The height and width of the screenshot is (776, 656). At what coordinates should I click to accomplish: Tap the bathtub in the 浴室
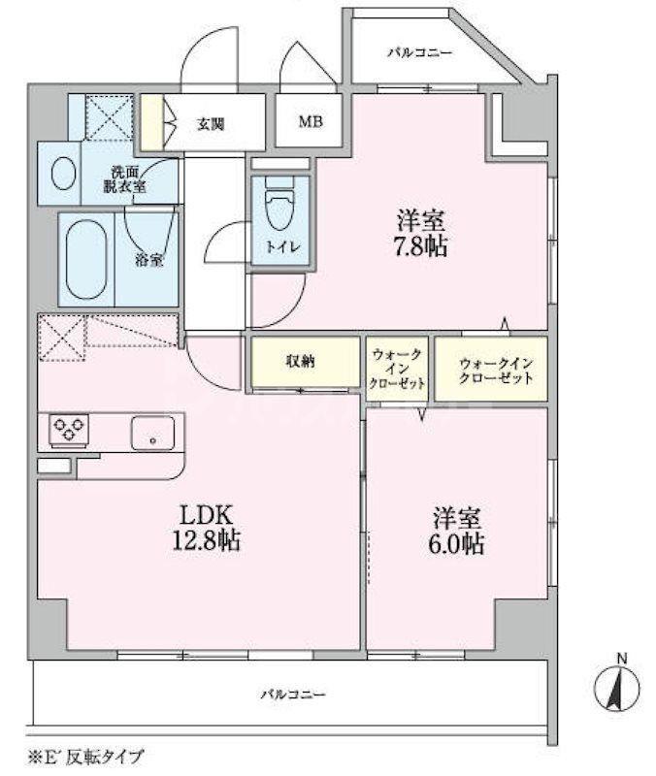[86, 259]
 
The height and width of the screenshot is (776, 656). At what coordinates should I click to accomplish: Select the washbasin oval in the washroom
[64, 174]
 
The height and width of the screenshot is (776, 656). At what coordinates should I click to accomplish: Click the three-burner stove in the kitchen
[69, 429]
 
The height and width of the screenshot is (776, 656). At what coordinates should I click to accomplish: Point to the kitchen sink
[152, 433]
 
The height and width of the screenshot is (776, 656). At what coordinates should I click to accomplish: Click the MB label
[311, 121]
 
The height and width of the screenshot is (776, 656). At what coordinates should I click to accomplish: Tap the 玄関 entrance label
[211, 124]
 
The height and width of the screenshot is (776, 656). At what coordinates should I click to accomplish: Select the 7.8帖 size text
[420, 246]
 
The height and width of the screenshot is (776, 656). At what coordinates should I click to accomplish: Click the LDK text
[206, 515]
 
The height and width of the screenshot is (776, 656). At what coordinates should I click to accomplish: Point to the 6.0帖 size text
[456, 544]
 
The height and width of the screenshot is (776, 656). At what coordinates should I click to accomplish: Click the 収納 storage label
[300, 362]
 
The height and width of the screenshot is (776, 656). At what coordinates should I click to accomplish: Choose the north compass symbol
[617, 689]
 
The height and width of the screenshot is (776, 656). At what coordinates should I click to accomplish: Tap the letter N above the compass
[622, 659]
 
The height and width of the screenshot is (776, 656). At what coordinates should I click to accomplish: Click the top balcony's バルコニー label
[420, 52]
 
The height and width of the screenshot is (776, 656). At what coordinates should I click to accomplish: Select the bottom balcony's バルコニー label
[293, 695]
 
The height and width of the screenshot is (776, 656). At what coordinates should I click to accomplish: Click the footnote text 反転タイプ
[105, 757]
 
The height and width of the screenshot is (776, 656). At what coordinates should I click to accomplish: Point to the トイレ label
[282, 247]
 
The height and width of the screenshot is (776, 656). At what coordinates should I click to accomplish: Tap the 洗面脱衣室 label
[125, 179]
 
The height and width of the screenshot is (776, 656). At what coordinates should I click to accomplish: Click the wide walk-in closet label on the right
[496, 372]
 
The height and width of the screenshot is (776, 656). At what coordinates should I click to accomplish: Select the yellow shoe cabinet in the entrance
[151, 122]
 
